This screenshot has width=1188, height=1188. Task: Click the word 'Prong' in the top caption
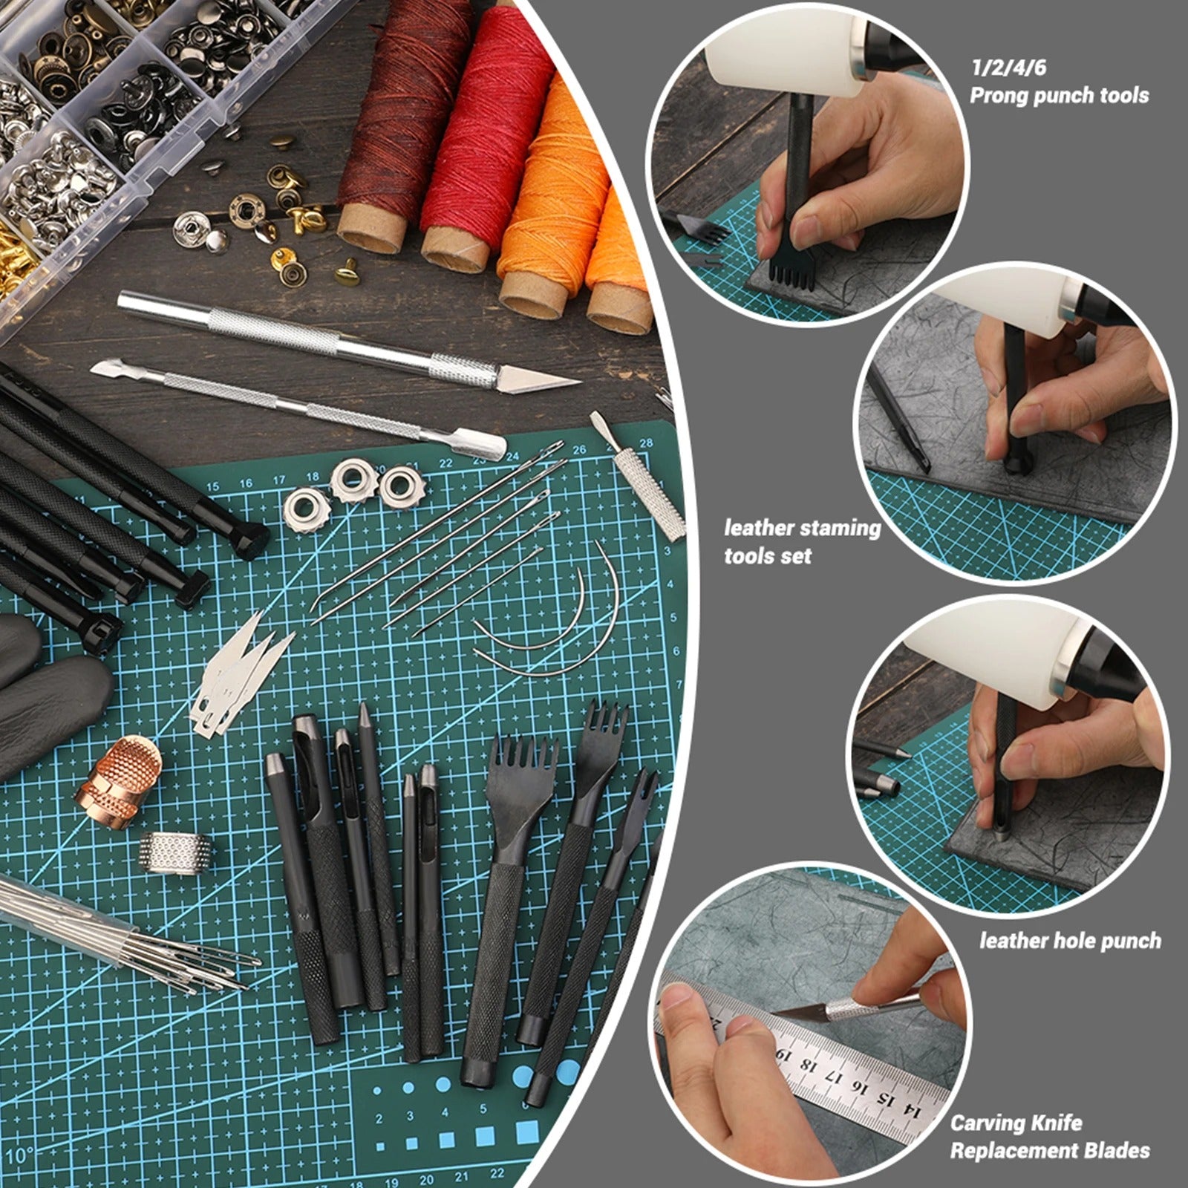click(x=1003, y=96)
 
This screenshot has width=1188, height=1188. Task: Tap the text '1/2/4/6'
click(x=1008, y=68)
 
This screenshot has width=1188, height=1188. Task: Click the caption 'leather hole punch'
click(x=1070, y=941)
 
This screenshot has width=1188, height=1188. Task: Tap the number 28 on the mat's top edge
click(x=645, y=443)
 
